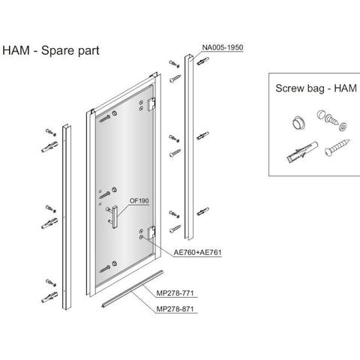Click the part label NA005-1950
(x=223, y=47)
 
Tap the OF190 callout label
(x=139, y=201)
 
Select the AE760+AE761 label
(x=198, y=252)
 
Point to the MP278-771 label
(x=175, y=293)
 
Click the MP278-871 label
(x=175, y=309)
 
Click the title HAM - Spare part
(x=51, y=50)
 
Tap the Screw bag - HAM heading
(x=316, y=88)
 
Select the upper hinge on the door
(x=151, y=104)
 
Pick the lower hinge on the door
(x=151, y=232)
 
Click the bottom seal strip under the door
(x=132, y=289)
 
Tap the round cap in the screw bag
(x=298, y=123)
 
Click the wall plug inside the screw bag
(x=302, y=151)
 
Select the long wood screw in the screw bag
(x=337, y=147)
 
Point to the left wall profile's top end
(x=66, y=125)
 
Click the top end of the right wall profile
(x=189, y=56)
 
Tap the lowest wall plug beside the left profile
(x=49, y=297)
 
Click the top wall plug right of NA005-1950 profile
(x=202, y=61)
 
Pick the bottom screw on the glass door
(x=105, y=269)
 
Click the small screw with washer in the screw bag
(x=331, y=119)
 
